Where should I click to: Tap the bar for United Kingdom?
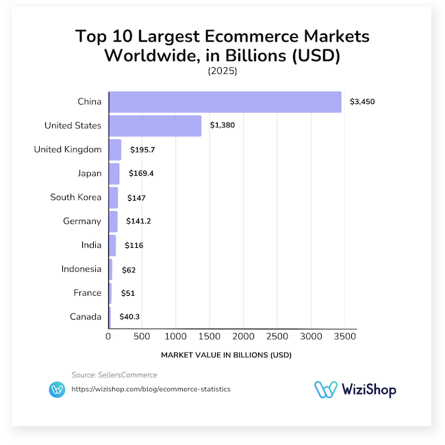coord(115,149)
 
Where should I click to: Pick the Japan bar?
coord(114,173)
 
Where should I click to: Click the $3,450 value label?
coord(362,102)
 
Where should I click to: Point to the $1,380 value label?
coord(222,126)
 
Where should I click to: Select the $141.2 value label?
coord(139,221)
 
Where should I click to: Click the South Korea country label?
coord(75,197)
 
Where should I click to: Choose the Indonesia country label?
coord(81,269)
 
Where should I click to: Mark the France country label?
coord(88,293)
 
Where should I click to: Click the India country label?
coord(91,245)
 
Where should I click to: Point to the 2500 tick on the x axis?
coord(277,337)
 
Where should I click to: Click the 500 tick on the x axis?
coord(142,337)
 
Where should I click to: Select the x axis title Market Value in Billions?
coord(226,355)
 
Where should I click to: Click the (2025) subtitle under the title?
coord(222,71)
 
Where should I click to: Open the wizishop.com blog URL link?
coord(151,389)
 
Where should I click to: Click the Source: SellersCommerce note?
coord(114,374)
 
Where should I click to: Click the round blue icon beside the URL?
coord(58,390)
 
